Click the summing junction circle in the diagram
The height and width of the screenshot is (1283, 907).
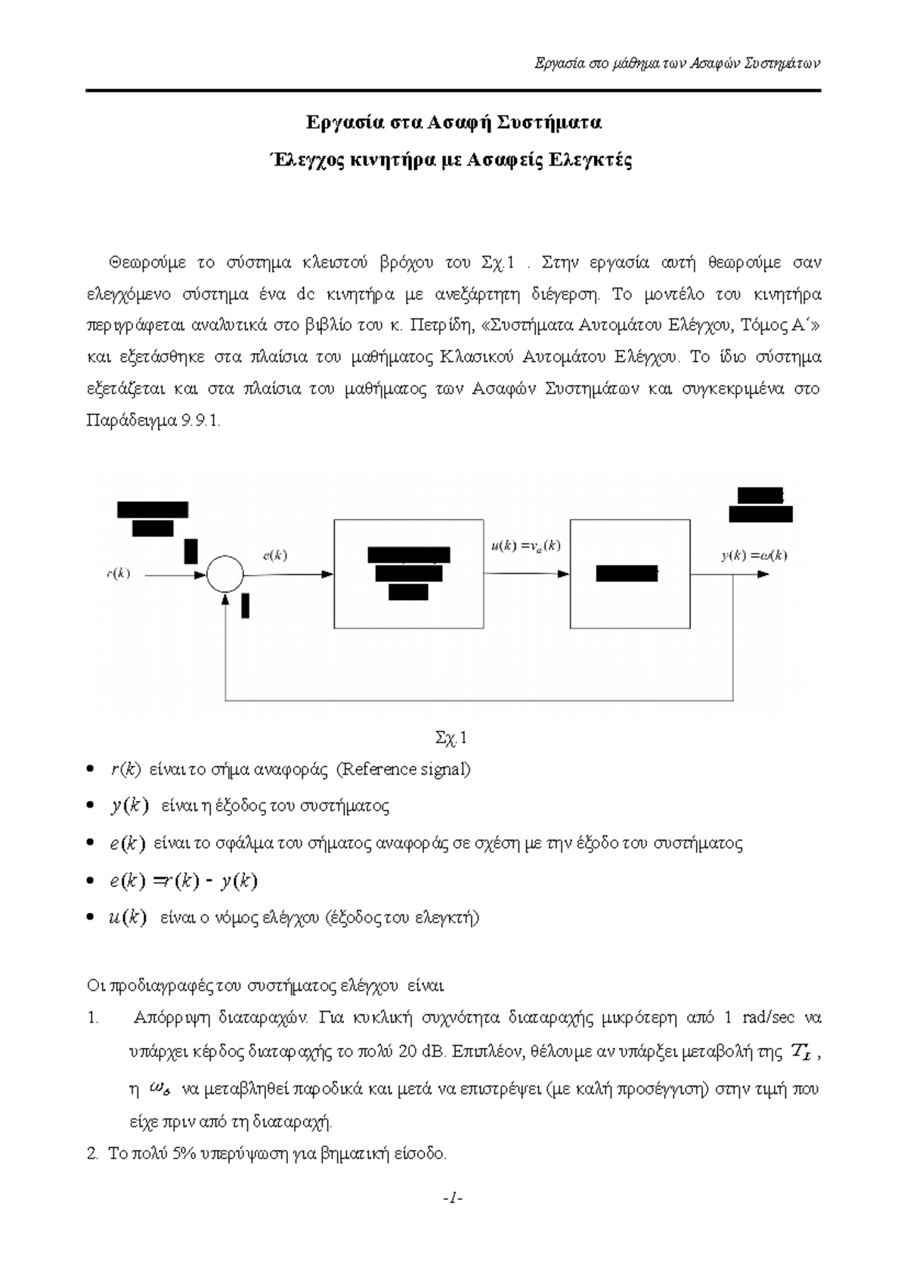[225, 573]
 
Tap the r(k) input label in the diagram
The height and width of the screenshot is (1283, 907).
[117, 573]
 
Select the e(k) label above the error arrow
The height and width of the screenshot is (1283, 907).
[274, 555]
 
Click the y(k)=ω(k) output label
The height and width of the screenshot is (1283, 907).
[754, 555]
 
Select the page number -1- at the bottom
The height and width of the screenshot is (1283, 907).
[453, 1198]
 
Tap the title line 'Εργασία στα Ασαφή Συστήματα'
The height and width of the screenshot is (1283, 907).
[453, 122]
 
